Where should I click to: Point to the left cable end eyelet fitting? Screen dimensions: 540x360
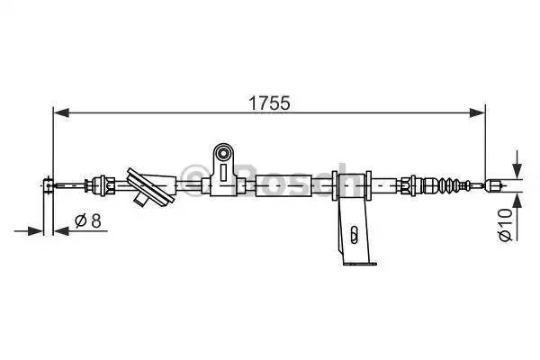48,187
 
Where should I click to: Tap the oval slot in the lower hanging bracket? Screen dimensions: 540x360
355,237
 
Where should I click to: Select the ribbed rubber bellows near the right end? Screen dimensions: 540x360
445,186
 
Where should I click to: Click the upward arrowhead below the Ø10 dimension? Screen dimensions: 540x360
516,198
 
